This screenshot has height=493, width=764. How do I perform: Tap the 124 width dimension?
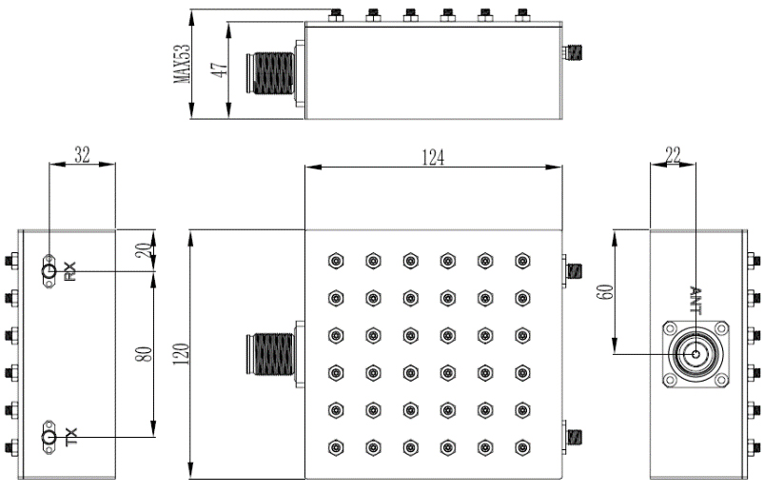pos(433,155)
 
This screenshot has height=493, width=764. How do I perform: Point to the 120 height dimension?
pos(180,352)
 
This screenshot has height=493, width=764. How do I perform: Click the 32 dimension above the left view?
pos(82,155)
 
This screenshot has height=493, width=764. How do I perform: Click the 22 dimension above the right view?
pos(672,155)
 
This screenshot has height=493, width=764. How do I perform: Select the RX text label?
pos(69,271)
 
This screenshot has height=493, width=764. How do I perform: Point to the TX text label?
pos(69,438)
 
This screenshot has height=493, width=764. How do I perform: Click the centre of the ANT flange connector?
pos(696,356)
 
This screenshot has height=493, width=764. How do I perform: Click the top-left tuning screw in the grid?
pos(335,260)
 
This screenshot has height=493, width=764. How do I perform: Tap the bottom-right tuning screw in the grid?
pos(521,446)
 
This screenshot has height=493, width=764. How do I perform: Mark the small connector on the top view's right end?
pos(572,49)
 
